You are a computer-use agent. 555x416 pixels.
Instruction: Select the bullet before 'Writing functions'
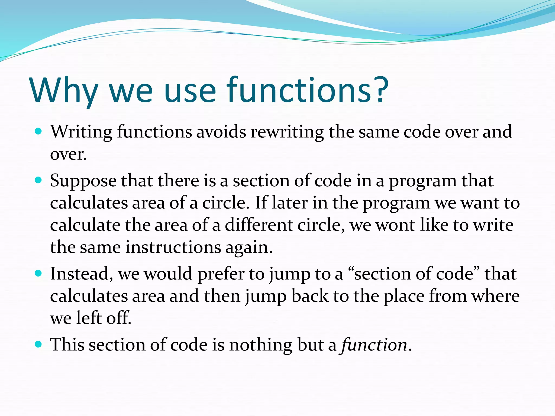38,131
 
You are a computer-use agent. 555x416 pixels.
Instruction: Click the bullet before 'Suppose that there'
38,180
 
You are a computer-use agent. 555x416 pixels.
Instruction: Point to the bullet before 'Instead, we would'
38,273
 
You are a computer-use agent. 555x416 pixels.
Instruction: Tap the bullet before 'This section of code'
38,344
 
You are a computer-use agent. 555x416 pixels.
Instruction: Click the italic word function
374,345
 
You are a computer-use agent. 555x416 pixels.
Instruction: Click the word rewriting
287,132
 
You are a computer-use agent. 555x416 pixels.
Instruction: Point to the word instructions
173,247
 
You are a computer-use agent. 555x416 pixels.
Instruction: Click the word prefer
221,274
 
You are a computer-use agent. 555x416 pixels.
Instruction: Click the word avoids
221,132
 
